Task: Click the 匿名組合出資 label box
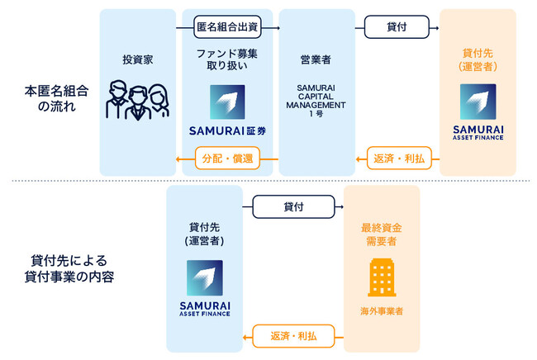click(x=226, y=27)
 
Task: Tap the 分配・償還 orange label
click(x=226, y=157)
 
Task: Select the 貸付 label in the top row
click(x=397, y=27)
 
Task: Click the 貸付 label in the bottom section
click(x=292, y=206)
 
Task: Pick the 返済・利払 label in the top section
click(x=397, y=157)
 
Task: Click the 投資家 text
click(x=137, y=59)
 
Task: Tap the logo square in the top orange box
click(x=478, y=102)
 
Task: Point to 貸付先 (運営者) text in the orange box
click(x=478, y=59)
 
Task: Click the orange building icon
click(x=382, y=277)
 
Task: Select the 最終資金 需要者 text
click(x=382, y=233)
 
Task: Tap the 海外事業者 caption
click(x=382, y=310)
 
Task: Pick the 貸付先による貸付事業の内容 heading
click(x=69, y=269)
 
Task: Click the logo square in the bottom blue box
click(x=204, y=278)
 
